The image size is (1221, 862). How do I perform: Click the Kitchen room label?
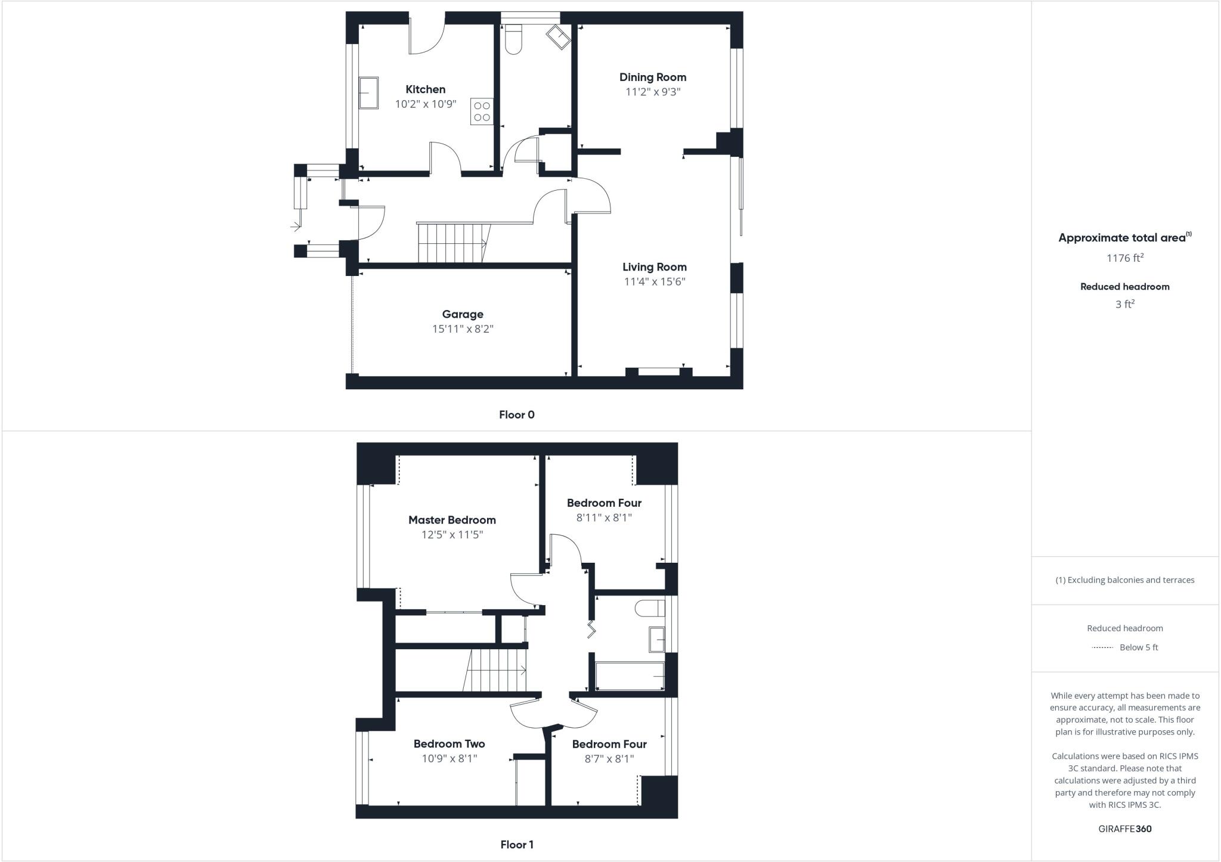click(x=425, y=89)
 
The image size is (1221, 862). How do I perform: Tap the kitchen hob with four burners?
click(x=482, y=111)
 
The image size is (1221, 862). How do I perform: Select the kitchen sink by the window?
click(x=368, y=93)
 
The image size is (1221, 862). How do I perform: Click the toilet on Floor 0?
click(x=513, y=39)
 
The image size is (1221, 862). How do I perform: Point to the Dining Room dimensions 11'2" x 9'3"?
click(x=653, y=92)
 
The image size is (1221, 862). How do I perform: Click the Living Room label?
click(x=655, y=267)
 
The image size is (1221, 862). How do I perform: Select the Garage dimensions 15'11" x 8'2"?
click(x=463, y=329)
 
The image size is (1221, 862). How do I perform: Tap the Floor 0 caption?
click(x=517, y=415)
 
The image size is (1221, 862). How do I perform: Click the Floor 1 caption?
click(x=517, y=845)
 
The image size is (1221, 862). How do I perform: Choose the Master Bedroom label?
click(x=452, y=520)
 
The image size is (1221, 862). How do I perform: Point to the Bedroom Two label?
click(x=449, y=744)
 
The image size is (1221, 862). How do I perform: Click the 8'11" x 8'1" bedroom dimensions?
click(x=604, y=518)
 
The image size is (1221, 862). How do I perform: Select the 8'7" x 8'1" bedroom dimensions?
click(x=609, y=759)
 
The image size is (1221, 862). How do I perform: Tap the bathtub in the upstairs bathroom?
click(x=630, y=677)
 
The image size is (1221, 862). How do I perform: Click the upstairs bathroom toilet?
click(x=650, y=609)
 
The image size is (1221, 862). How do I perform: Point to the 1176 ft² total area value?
click(x=1125, y=258)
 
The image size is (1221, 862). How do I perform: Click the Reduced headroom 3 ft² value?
click(x=1125, y=304)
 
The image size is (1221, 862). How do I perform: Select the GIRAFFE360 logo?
click(x=1125, y=829)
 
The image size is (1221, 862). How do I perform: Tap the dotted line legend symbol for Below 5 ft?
click(x=1102, y=647)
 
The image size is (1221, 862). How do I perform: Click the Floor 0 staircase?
click(x=452, y=243)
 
